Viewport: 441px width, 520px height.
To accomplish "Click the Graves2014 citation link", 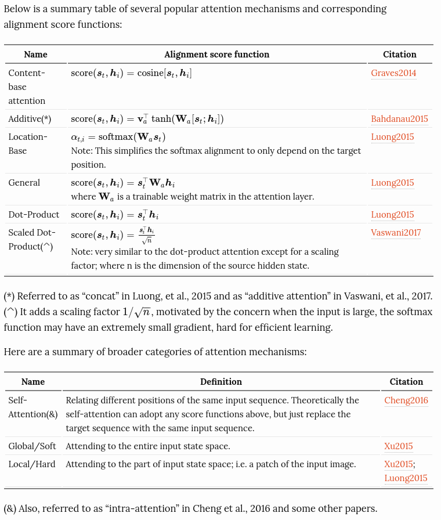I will tap(393, 73).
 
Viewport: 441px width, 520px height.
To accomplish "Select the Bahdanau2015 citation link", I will tap(399, 119).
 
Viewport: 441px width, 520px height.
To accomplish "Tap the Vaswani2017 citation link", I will tap(396, 233).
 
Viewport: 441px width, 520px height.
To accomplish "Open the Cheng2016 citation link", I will tap(406, 400).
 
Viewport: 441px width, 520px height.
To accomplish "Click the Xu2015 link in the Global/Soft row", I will tap(398, 446).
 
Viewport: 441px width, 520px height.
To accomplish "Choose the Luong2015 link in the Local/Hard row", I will tap(406, 478).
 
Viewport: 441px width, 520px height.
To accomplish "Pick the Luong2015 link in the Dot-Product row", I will tap(392, 215).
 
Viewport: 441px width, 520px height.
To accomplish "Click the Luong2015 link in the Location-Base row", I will tap(392, 137).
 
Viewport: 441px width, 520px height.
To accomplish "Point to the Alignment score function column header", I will tap(216, 55).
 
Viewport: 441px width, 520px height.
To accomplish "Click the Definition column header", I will tap(221, 382).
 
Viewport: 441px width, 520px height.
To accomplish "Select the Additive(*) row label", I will tap(30, 119).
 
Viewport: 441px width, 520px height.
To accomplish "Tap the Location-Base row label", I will tap(27, 144).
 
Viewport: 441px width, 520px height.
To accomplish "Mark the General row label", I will tap(24, 183).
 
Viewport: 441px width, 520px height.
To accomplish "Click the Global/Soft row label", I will tap(32, 446).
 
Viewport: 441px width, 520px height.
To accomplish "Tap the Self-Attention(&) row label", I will tap(32, 407).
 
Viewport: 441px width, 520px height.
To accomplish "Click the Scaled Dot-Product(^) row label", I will tap(32, 240).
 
